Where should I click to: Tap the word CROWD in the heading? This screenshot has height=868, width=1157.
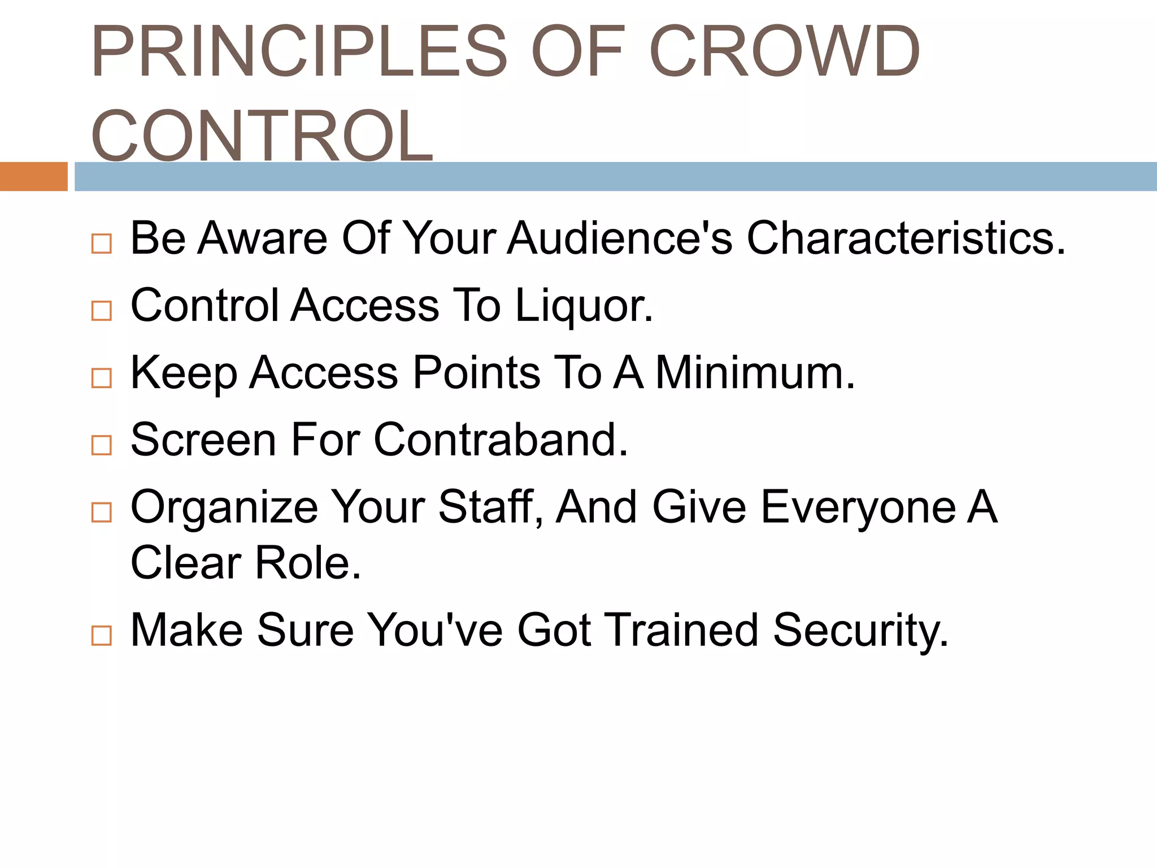[785, 52]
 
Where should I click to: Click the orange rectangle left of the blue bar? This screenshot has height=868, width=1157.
[33, 176]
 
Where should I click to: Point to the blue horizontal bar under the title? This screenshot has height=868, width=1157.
[616, 176]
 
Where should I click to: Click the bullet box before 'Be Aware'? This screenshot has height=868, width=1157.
[102, 244]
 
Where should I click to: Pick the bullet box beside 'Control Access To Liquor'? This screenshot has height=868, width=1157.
[102, 311]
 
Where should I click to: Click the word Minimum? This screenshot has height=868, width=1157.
[755, 373]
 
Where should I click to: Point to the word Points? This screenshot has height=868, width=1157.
[477, 373]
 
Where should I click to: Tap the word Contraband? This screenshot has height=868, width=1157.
[501, 440]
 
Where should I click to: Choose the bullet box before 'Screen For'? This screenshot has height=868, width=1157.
[102, 445]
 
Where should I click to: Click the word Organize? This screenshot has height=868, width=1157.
[224, 507]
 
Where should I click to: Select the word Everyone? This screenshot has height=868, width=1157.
[858, 507]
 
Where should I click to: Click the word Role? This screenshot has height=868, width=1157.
[308, 563]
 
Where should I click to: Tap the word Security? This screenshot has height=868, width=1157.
[860, 631]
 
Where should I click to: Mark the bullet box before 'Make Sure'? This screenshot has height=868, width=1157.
[102, 636]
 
